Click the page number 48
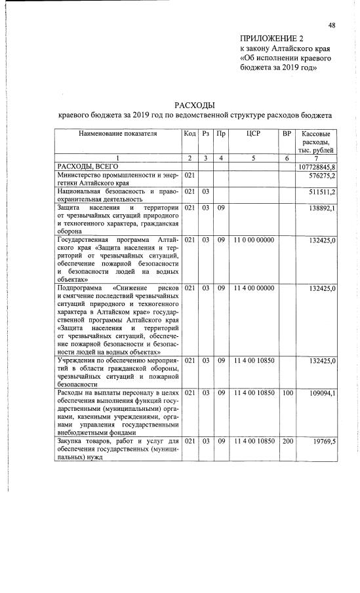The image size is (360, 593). coord(332,25)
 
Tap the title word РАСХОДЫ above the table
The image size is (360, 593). coord(195,105)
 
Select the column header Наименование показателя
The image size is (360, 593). coord(118,134)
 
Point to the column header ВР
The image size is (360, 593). coord(286,134)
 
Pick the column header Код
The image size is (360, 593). coord(190,134)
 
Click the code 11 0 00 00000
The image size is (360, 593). coord(253,240)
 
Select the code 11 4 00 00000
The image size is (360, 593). coord(253,288)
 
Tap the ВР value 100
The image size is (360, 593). coord(287,393)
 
